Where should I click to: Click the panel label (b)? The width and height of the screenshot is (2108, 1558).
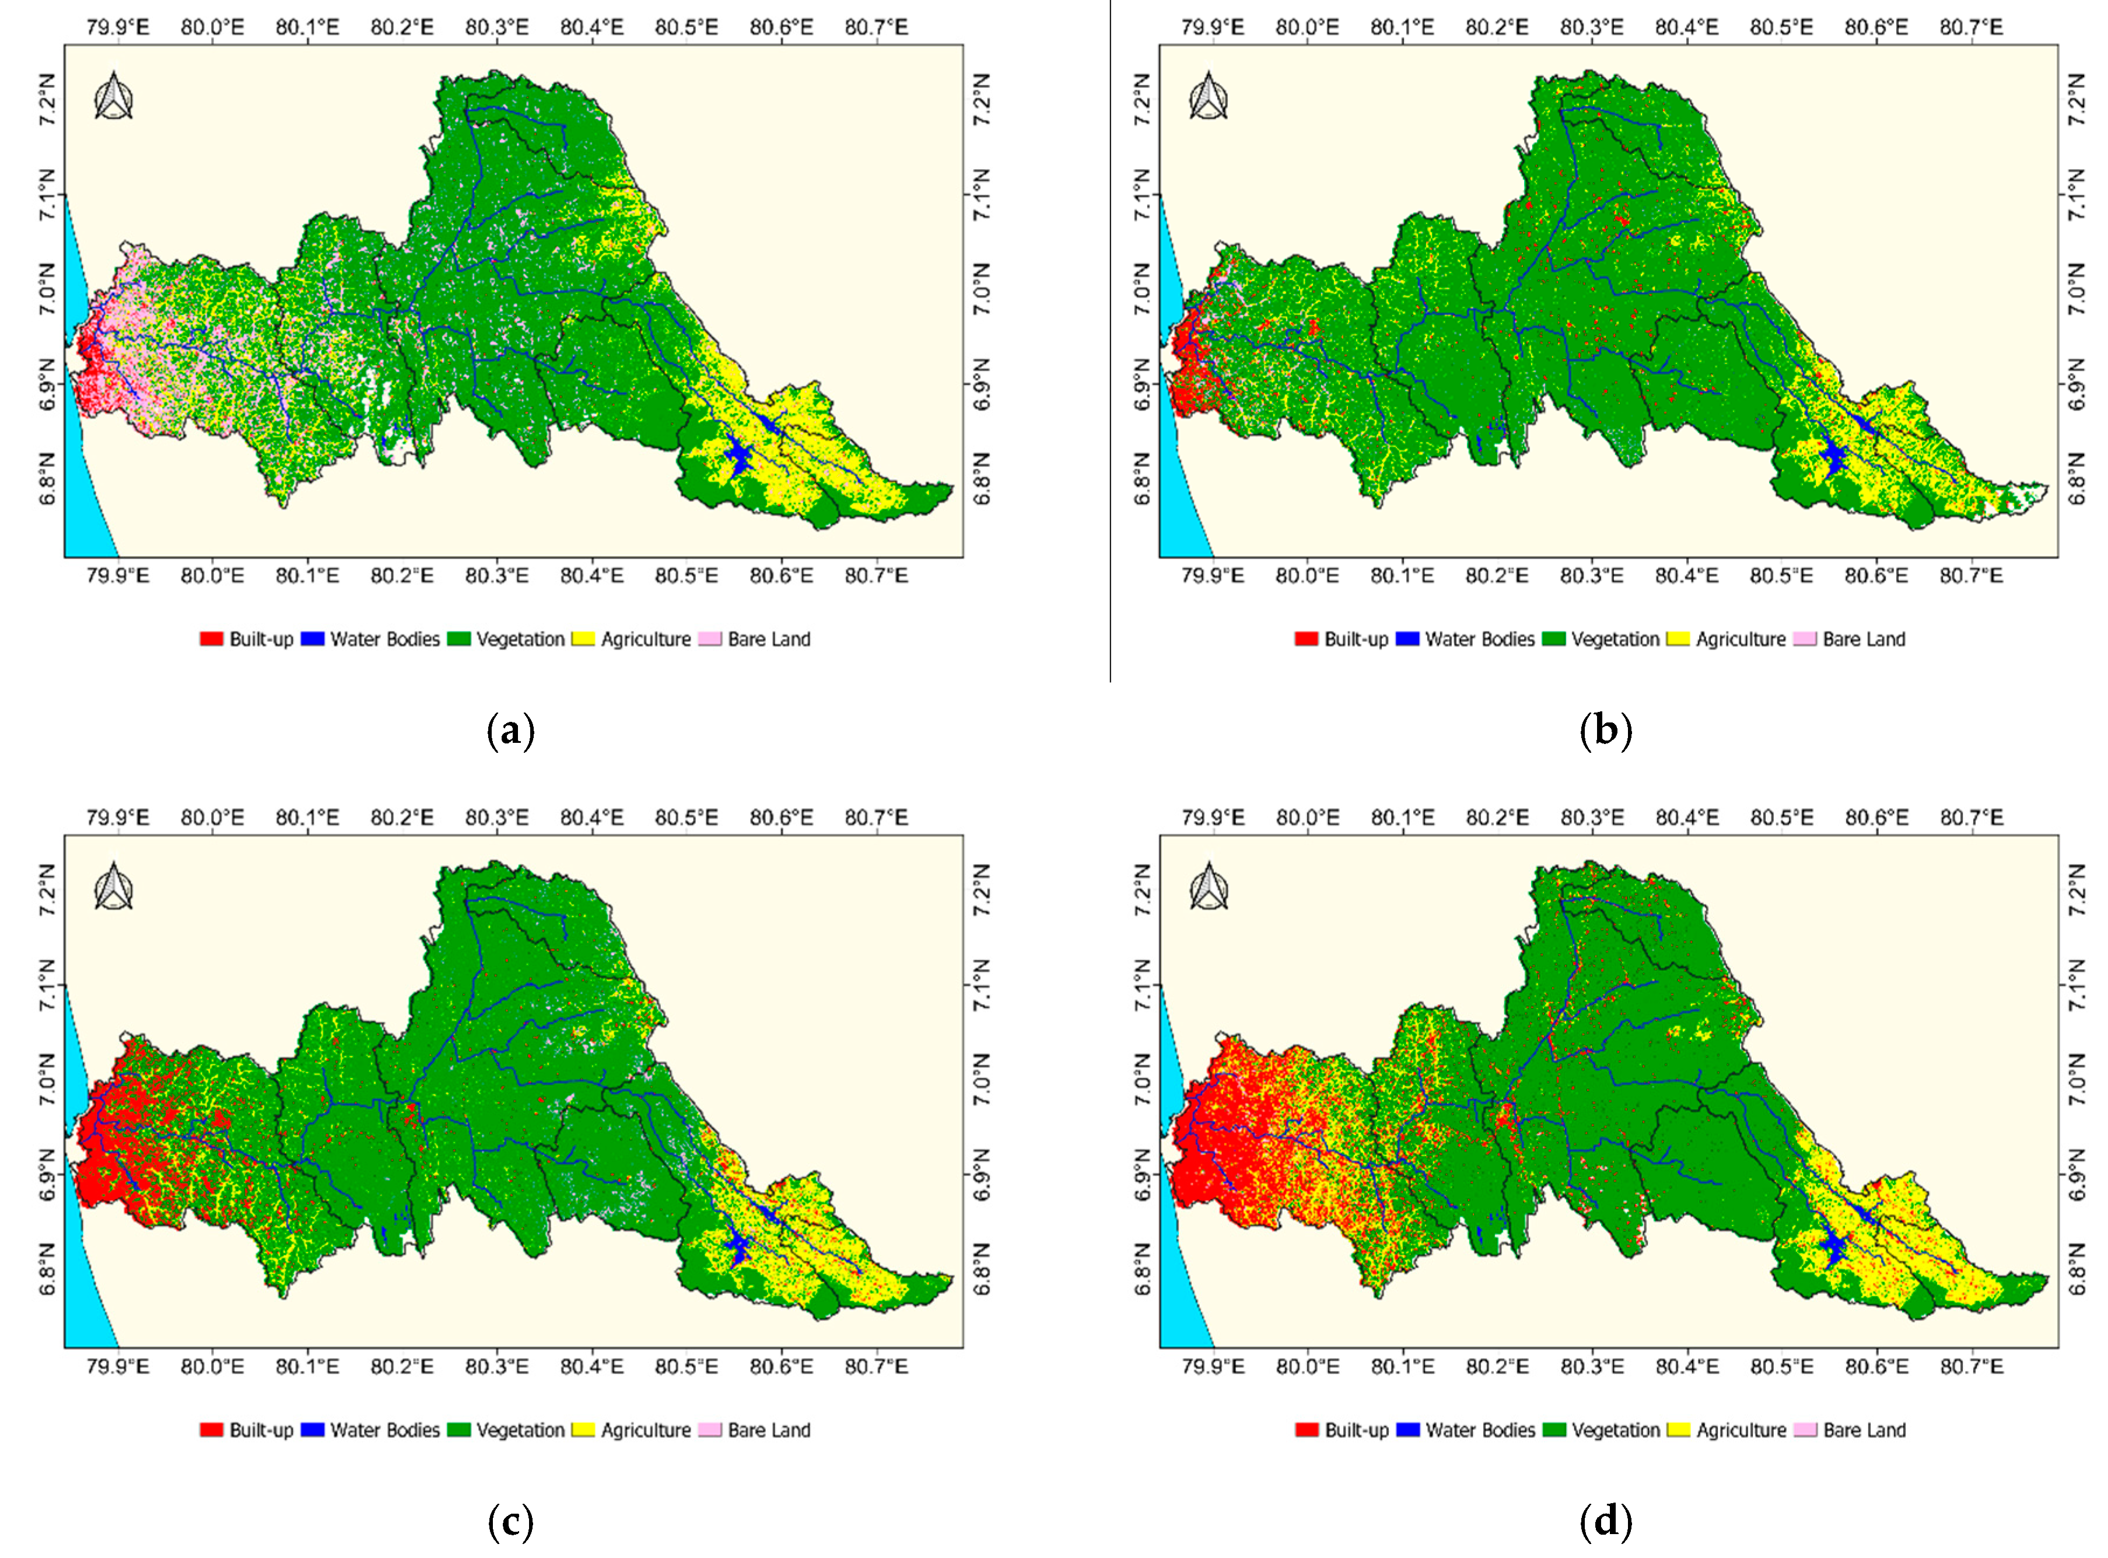click(1605, 731)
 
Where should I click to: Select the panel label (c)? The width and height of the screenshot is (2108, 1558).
click(511, 1521)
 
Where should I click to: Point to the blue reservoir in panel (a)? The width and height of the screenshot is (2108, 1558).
click(738, 459)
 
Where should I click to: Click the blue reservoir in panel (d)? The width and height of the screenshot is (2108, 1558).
click(1833, 1250)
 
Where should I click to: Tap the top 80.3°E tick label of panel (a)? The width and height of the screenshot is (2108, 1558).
click(496, 26)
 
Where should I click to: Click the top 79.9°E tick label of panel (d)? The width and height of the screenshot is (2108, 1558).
click(1213, 817)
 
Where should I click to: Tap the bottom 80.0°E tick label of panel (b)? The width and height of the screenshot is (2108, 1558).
click(1307, 576)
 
